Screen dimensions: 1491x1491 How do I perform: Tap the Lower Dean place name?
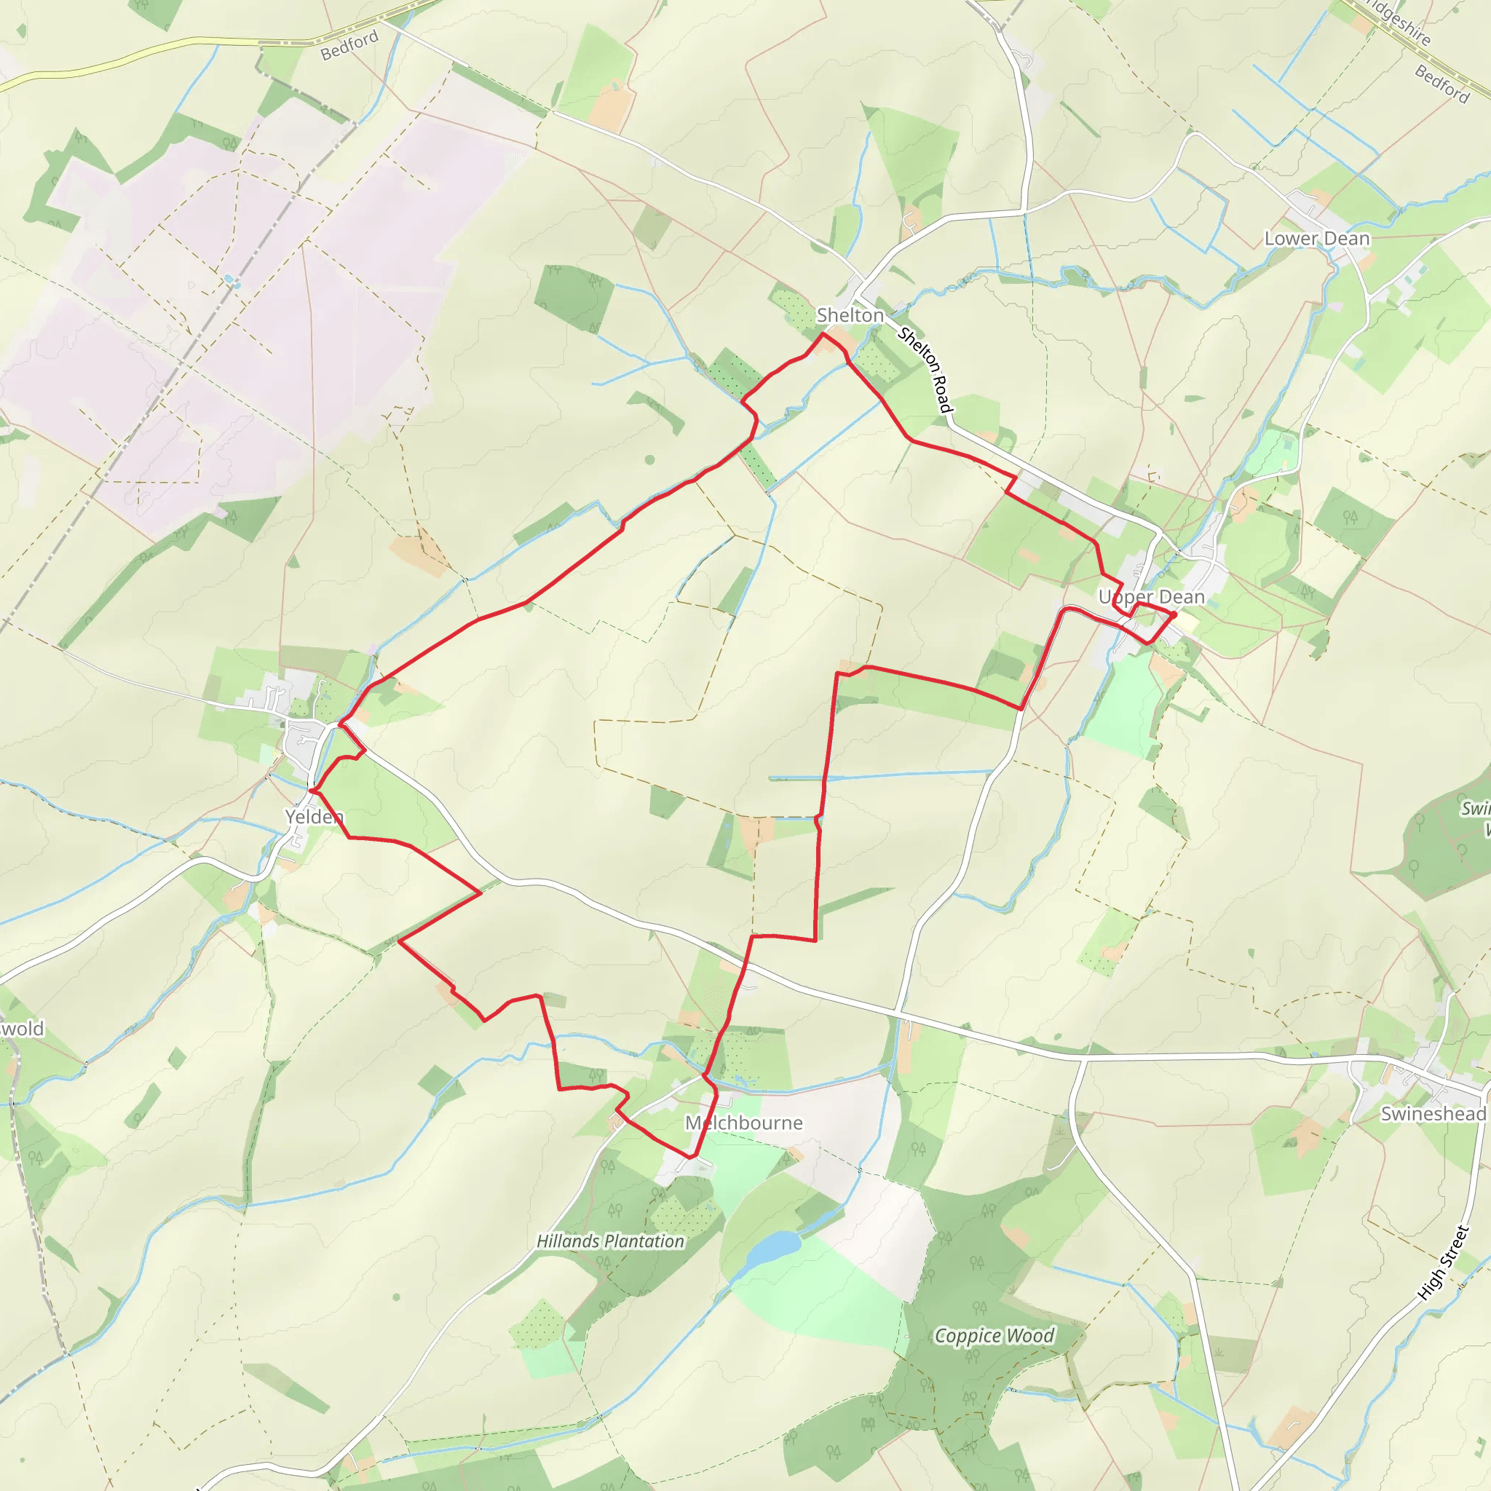[1316, 239]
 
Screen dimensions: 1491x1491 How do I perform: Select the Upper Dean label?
[1151, 596]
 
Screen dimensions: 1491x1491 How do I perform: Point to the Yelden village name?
[313, 817]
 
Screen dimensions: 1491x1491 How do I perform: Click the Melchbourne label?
[744, 1123]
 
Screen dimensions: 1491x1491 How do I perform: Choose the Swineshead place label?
[1432, 1114]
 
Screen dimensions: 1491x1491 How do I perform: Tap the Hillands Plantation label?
[610, 1241]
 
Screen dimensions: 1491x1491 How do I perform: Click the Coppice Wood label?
[994, 1335]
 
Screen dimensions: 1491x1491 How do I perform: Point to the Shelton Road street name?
[926, 370]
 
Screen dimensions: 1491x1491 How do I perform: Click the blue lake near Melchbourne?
[773, 1247]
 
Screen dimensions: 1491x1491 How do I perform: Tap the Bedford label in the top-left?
[349, 44]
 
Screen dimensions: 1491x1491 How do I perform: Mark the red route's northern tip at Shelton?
[823, 333]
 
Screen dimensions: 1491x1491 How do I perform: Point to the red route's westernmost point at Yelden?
[310, 790]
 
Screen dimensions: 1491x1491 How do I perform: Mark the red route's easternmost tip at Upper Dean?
[1174, 614]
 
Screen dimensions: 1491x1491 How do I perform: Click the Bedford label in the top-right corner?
[1441, 83]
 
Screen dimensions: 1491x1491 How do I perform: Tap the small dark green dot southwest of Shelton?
[650, 460]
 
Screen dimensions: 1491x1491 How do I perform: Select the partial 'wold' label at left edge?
[22, 1029]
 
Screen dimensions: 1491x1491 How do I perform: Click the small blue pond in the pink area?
[230, 281]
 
